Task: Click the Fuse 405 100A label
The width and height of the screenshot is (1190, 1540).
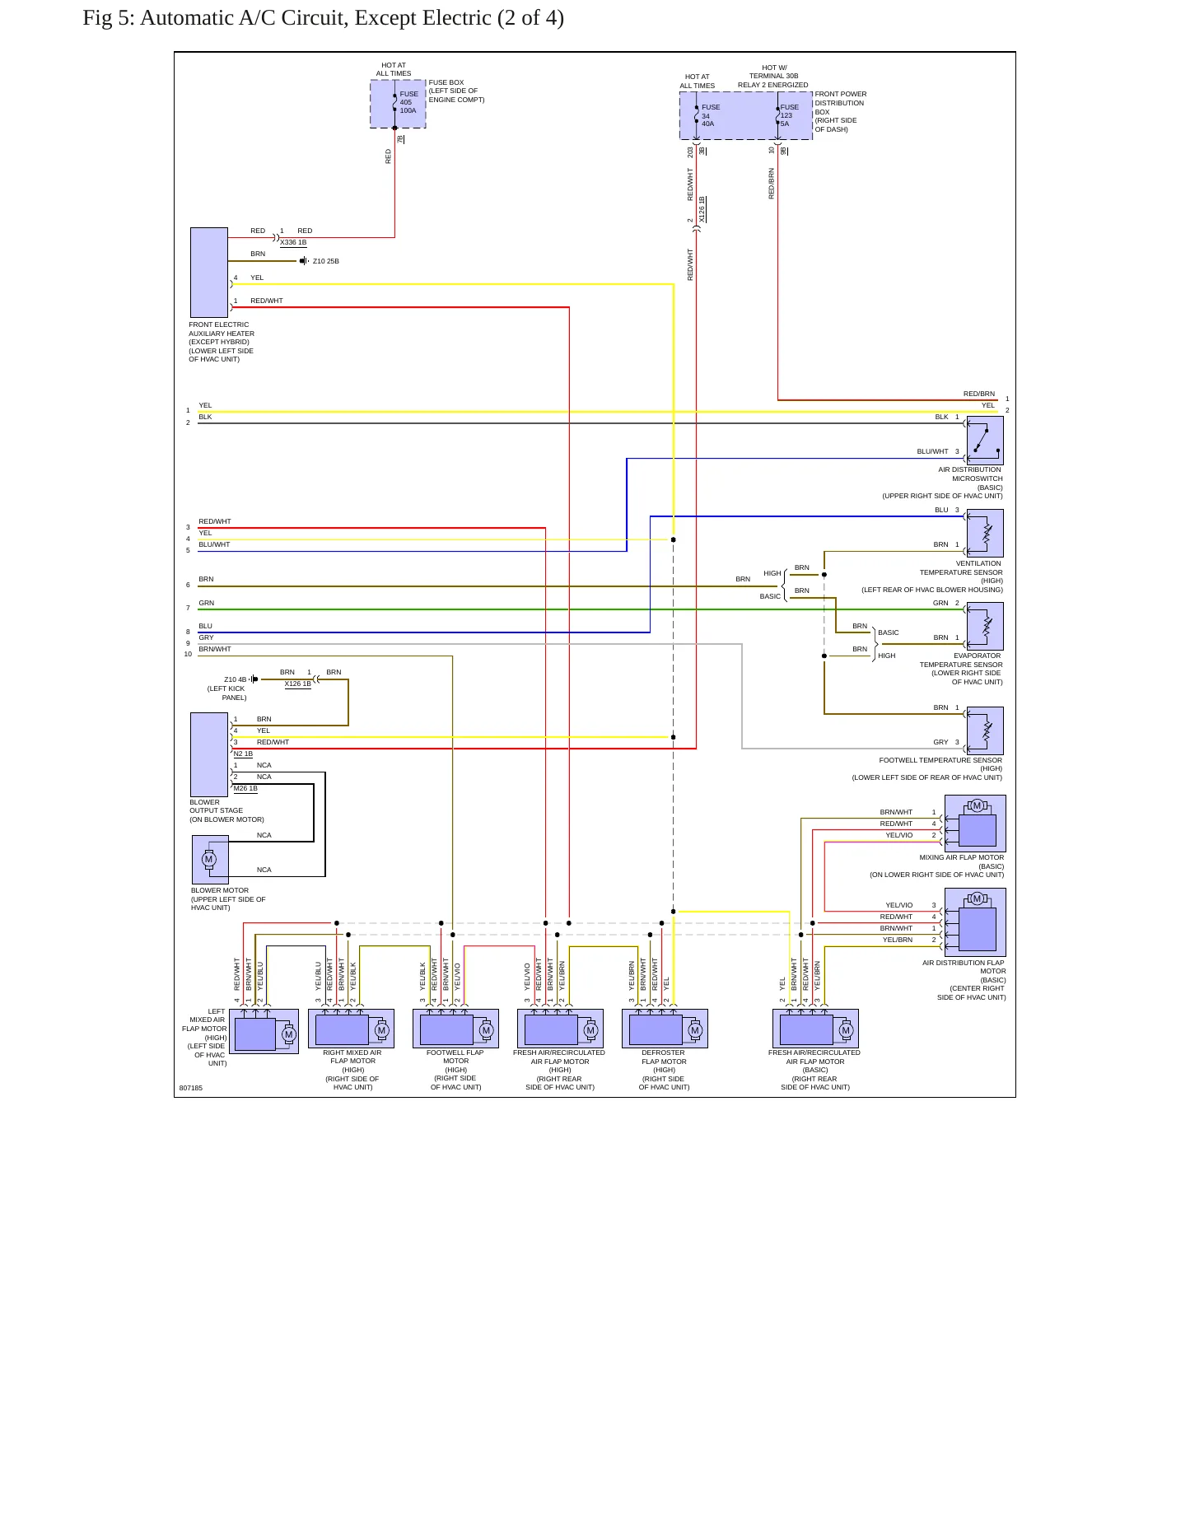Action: click(408, 102)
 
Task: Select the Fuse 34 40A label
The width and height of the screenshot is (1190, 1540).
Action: click(710, 115)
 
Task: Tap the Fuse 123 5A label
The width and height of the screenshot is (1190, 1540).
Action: click(789, 115)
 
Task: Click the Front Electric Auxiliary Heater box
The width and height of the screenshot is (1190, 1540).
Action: click(209, 273)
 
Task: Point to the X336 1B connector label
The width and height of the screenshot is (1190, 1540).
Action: click(293, 243)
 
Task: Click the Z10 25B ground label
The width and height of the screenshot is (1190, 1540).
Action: click(326, 261)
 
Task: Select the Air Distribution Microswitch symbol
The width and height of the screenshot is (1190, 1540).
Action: click(985, 441)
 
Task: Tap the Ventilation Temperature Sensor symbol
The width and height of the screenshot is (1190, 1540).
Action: click(985, 533)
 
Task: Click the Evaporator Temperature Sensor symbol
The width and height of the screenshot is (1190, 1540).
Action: click(985, 626)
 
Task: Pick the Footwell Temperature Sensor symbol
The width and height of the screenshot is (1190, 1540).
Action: click(985, 730)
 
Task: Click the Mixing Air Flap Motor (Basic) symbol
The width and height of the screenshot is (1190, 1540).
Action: click(975, 824)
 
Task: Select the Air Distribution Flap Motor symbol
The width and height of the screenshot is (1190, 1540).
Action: click(975, 922)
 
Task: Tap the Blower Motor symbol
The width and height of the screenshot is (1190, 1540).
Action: click(210, 860)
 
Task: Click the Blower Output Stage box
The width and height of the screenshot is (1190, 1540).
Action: click(209, 754)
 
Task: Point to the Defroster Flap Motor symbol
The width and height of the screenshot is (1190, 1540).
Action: click(665, 1029)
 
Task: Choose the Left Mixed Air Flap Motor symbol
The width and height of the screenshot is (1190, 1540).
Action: click(264, 1031)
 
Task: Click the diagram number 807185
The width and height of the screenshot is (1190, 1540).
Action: click(191, 1088)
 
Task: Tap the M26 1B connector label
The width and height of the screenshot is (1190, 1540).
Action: click(245, 789)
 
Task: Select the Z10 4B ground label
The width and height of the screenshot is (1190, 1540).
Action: click(236, 679)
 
